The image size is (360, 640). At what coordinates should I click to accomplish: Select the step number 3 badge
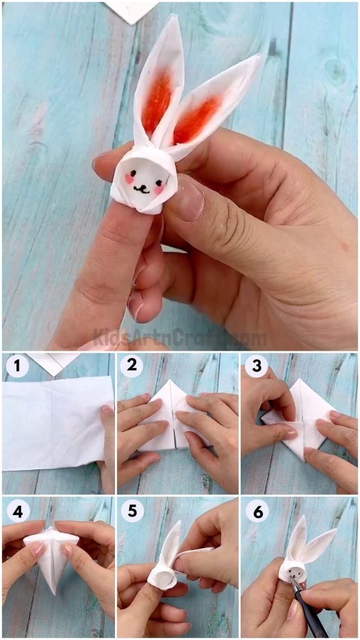[x=255, y=366]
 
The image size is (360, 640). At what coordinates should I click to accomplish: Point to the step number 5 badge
[x=132, y=511]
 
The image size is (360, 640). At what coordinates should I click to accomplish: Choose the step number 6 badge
[x=255, y=511]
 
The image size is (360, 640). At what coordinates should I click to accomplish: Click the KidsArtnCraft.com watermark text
[x=180, y=338]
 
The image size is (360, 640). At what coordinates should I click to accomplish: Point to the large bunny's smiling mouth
[x=143, y=187]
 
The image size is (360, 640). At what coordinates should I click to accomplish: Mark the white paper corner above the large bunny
[x=131, y=10]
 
